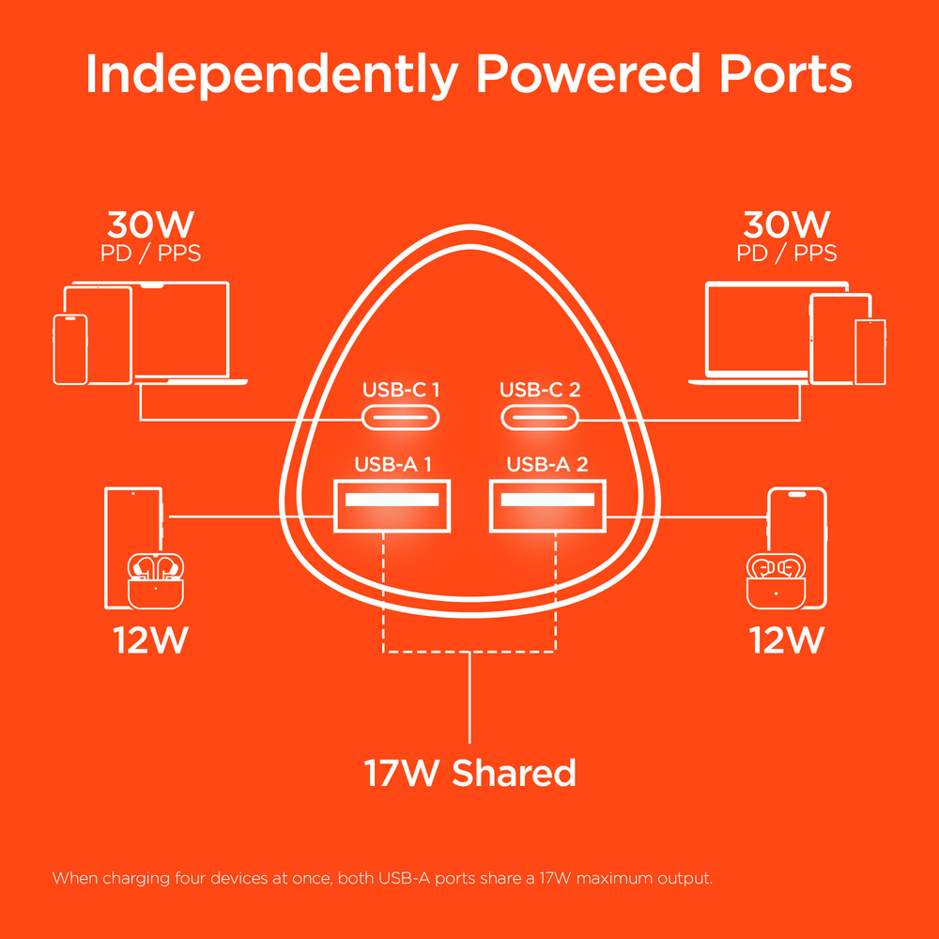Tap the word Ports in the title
(x=786, y=75)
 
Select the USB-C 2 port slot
(x=539, y=417)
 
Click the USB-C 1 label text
(x=402, y=389)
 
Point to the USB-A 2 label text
(x=547, y=464)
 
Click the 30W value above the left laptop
(x=150, y=225)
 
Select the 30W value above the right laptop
(x=787, y=225)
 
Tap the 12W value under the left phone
(x=151, y=640)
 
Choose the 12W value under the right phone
(x=787, y=640)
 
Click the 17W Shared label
(x=469, y=774)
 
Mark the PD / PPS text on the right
(x=787, y=254)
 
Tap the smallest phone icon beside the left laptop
(x=70, y=348)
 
